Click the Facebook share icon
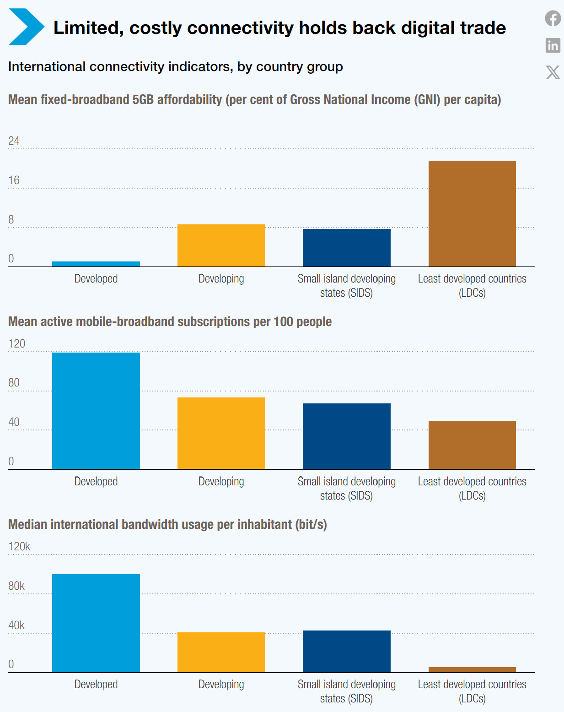(x=553, y=18)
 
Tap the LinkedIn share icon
(x=553, y=45)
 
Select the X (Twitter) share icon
(x=553, y=72)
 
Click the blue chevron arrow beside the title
(x=27, y=27)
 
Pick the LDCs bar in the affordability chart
(x=472, y=213)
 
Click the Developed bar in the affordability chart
(x=96, y=264)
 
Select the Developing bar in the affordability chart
(x=221, y=245)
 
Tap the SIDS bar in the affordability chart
(x=346, y=248)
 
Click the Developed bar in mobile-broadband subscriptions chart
(x=96, y=411)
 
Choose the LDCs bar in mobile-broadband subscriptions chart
(x=472, y=445)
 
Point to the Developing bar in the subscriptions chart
(x=221, y=433)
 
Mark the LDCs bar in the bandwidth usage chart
(x=472, y=670)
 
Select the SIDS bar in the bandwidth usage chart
(x=346, y=652)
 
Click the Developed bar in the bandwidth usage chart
(x=96, y=623)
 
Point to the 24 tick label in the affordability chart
(x=14, y=141)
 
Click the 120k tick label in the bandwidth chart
(x=19, y=547)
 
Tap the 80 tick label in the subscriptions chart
(x=14, y=383)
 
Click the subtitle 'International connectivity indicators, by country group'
(x=176, y=67)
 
